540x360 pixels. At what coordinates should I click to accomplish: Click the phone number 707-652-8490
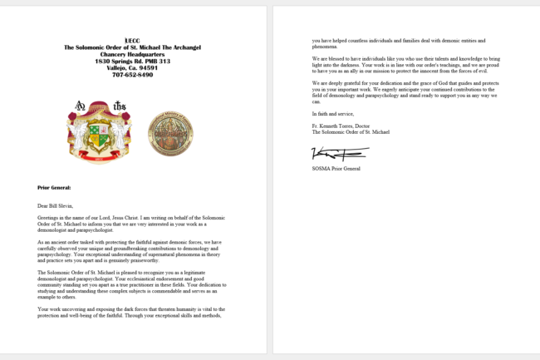133,74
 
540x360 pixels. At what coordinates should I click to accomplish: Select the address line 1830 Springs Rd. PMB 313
133,61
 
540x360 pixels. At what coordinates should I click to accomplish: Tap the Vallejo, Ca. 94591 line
133,67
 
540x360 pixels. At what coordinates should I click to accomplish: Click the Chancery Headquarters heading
133,54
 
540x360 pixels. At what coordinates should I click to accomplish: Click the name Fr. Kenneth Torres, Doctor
342,126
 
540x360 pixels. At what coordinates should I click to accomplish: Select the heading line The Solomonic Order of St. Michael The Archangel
133,47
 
